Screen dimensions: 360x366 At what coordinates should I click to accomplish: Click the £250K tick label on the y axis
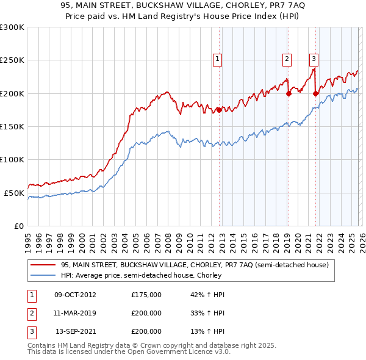point(12,60)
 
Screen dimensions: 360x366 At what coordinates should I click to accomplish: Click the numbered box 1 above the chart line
point(218,59)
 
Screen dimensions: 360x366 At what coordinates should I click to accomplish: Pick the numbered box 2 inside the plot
point(287,59)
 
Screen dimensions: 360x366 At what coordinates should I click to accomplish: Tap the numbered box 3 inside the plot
point(314,59)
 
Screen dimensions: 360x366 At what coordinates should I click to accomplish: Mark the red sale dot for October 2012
point(219,110)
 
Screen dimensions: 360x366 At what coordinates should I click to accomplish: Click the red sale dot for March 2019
point(289,93)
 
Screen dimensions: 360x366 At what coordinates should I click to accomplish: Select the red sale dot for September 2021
point(315,93)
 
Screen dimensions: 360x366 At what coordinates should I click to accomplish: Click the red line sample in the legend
point(43,265)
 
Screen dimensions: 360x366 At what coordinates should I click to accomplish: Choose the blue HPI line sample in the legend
point(43,275)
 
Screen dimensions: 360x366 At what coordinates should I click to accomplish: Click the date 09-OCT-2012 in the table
point(75,295)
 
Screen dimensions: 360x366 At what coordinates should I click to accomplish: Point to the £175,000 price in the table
point(146,295)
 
